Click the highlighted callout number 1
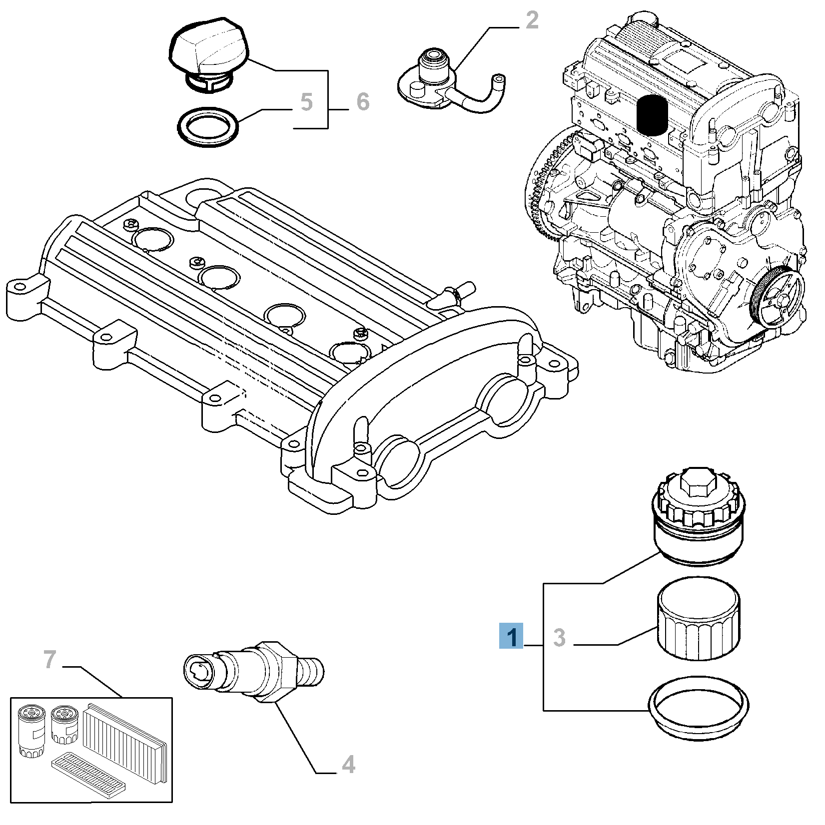pyautogui.click(x=511, y=636)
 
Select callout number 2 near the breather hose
pyautogui.click(x=532, y=20)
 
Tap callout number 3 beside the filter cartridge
pyautogui.click(x=559, y=638)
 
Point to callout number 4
pyautogui.click(x=348, y=765)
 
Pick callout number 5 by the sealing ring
pyautogui.click(x=306, y=102)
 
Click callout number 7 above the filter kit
pyautogui.click(x=49, y=659)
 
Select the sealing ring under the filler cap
pyautogui.click(x=208, y=127)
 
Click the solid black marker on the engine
pyautogui.click(x=653, y=115)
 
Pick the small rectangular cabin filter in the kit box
pyautogui.click(x=88, y=775)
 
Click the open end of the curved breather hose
pyautogui.click(x=498, y=78)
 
